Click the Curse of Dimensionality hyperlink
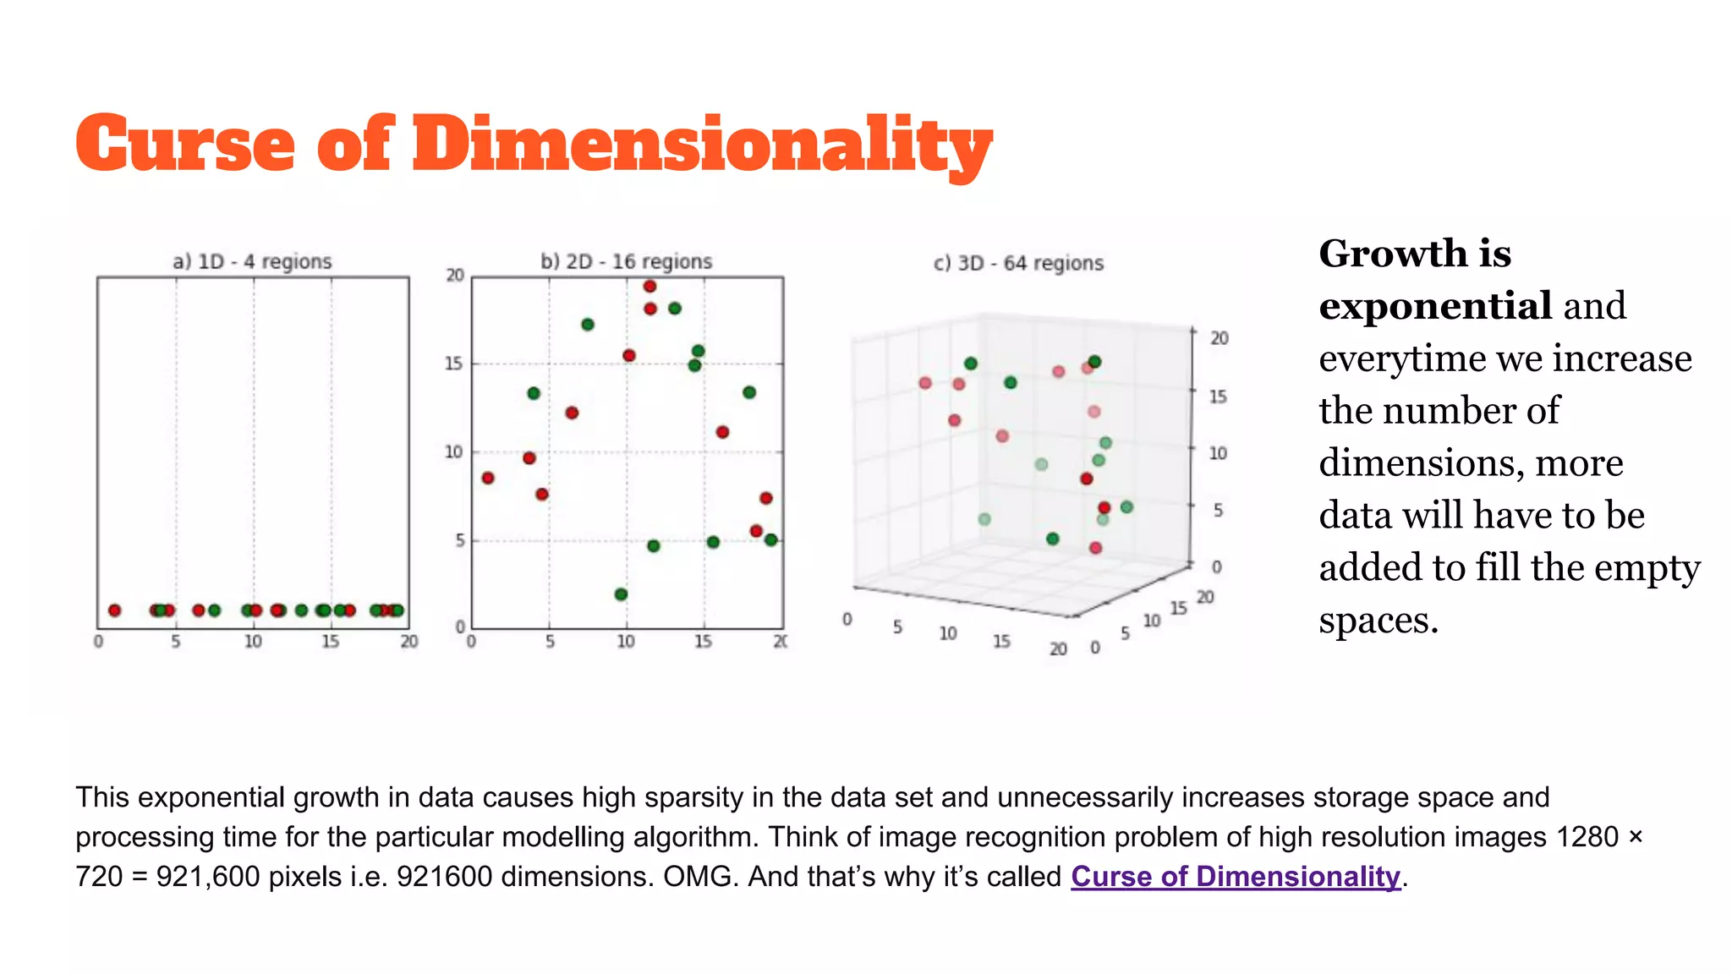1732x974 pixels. [x=1235, y=877]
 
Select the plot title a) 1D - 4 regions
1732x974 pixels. [x=252, y=262]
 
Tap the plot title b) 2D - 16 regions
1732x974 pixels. [x=626, y=262]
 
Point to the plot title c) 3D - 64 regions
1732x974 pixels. [x=1018, y=264]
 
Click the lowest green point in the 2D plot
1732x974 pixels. [x=621, y=594]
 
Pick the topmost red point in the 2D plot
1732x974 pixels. [x=649, y=287]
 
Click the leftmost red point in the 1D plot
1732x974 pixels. [x=115, y=610]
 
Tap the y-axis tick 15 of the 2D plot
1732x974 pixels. [x=454, y=364]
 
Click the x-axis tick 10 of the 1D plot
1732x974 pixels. [x=253, y=642]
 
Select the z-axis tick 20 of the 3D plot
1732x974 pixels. [x=1219, y=338]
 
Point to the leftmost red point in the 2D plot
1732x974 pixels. [x=488, y=479]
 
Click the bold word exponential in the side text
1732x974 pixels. [x=1434, y=306]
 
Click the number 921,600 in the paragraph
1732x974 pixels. [x=208, y=877]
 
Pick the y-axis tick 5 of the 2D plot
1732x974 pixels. [x=459, y=540]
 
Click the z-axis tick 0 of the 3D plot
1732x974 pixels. [x=1216, y=566]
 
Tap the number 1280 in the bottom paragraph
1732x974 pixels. [x=1587, y=837]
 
